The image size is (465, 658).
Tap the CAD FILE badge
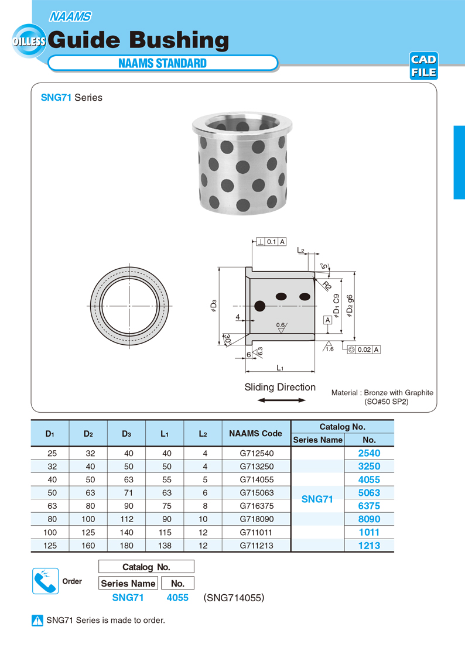(423, 66)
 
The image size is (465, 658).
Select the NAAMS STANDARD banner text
(162, 63)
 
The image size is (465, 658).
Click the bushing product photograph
(242, 164)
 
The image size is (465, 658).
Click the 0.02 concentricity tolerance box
(364, 349)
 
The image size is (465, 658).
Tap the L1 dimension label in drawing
(280, 368)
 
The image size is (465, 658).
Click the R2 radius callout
(326, 286)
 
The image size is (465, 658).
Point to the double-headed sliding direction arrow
(282, 400)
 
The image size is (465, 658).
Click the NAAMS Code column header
(255, 434)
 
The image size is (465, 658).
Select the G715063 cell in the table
(257, 493)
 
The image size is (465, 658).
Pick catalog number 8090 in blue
(369, 519)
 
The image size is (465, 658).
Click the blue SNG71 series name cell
(317, 499)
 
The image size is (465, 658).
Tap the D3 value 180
(127, 546)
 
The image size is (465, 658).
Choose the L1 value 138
(165, 546)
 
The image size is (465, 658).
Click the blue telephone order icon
(45, 581)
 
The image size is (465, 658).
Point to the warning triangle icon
(37, 621)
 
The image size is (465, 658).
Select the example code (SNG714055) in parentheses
(234, 598)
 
